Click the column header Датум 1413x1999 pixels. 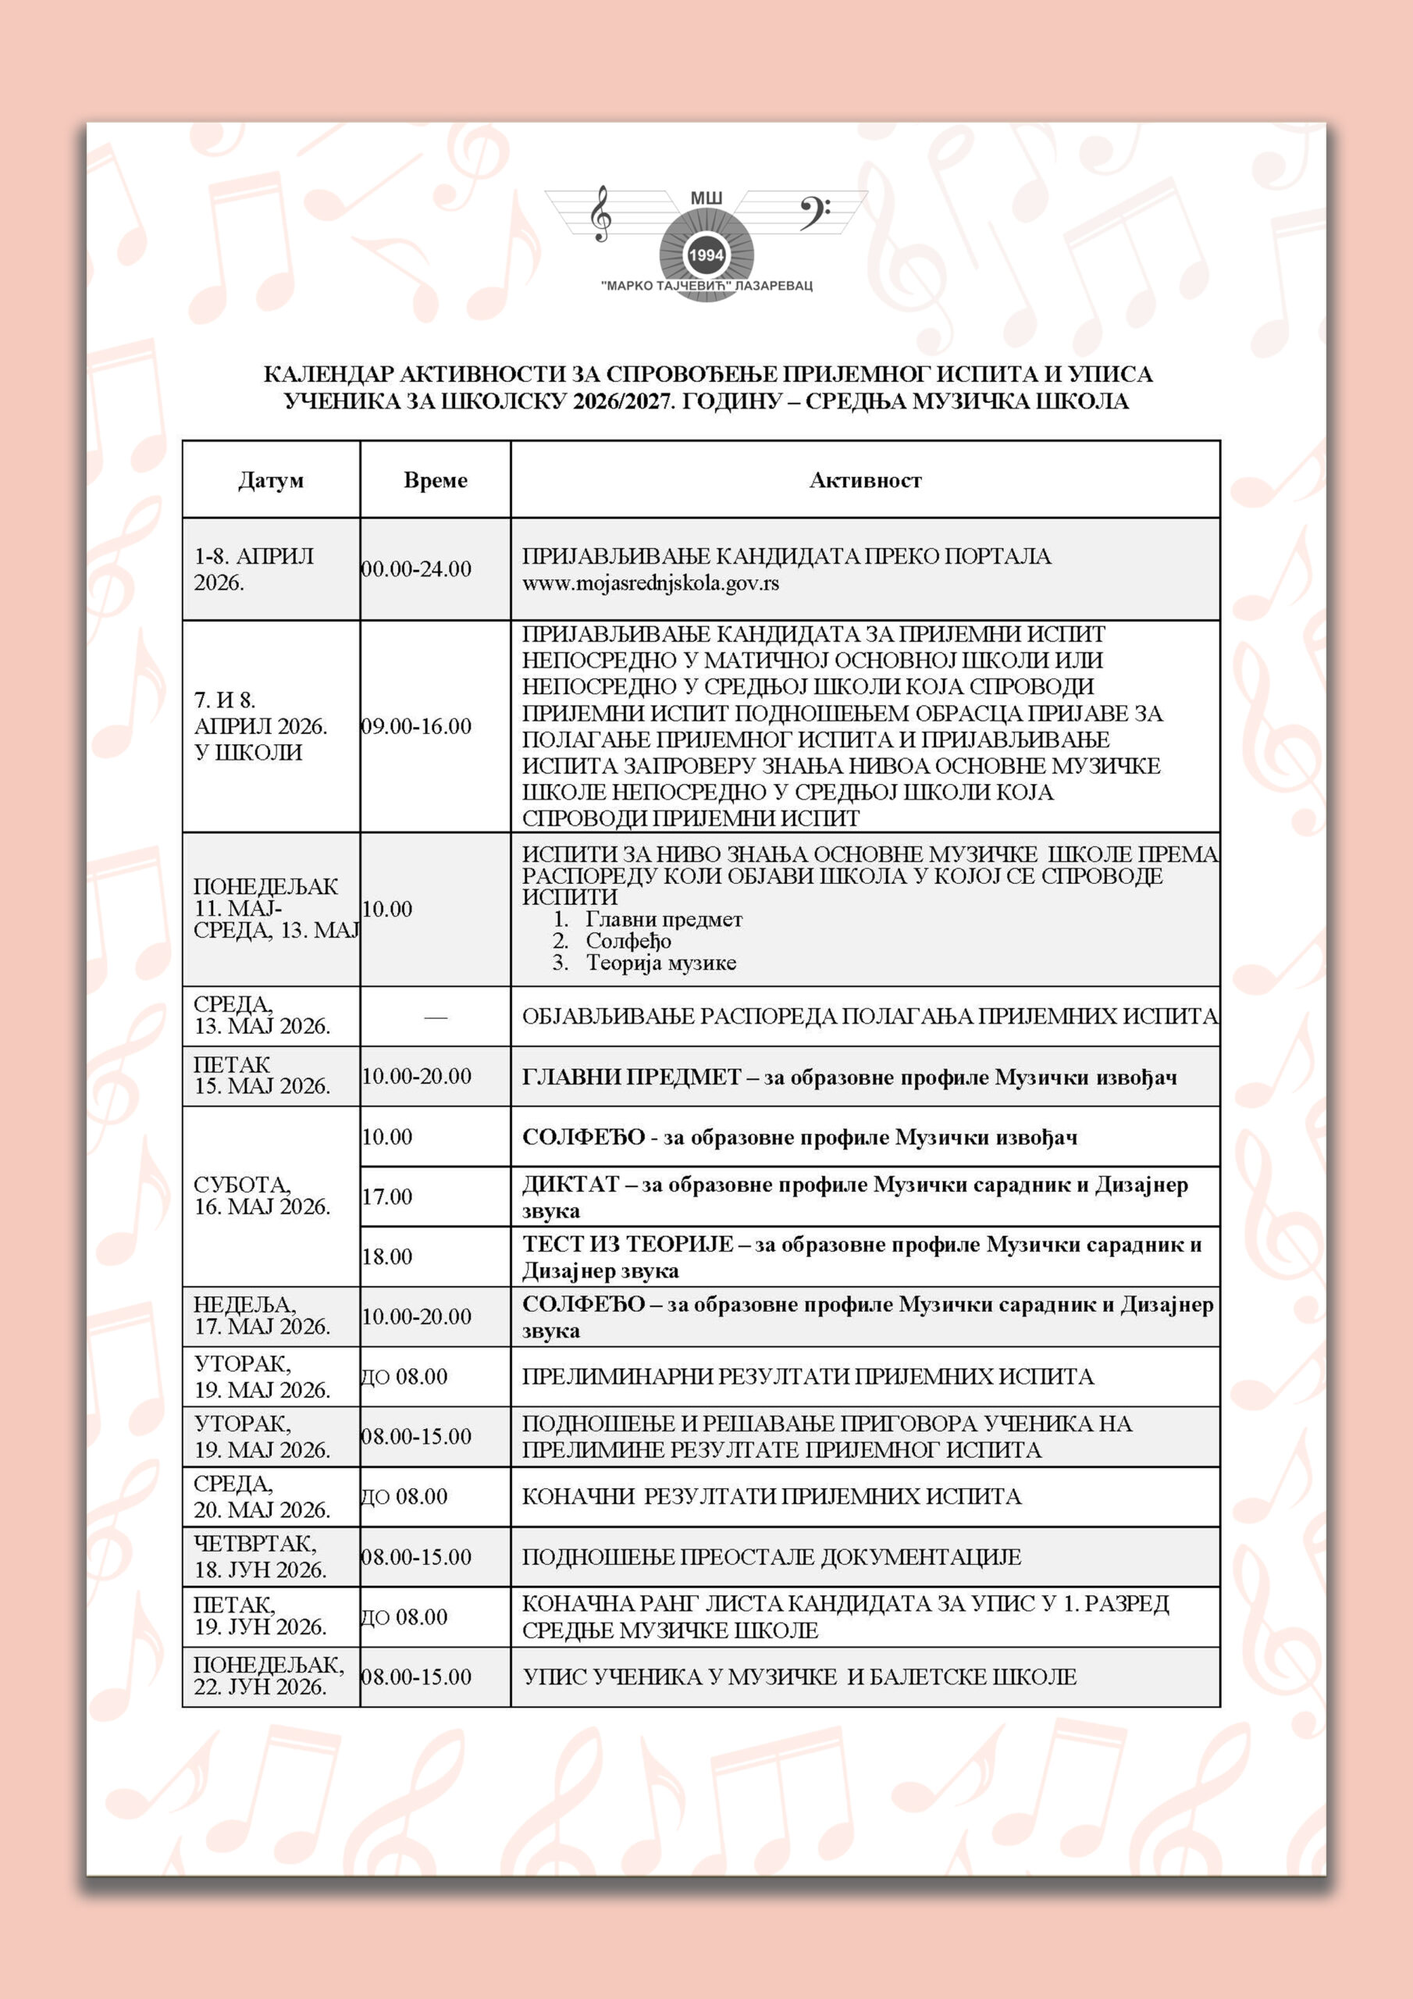tap(271, 480)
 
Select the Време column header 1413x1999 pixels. tap(436, 480)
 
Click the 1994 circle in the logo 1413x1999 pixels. tap(705, 255)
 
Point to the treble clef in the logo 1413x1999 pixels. tap(600, 212)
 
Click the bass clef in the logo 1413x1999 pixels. tap(813, 212)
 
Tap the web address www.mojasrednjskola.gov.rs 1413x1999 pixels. tap(650, 583)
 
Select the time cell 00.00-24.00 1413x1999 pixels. tap(416, 569)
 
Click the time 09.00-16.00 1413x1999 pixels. tap(416, 726)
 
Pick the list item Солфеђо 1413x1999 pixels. tap(628, 941)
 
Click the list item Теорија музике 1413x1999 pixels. tap(660, 963)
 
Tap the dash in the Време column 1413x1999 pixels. tap(436, 1017)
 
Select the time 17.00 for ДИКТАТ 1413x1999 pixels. tap(387, 1197)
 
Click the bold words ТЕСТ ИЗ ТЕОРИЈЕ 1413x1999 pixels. tap(628, 1245)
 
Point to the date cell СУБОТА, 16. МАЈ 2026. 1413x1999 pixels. tap(262, 1196)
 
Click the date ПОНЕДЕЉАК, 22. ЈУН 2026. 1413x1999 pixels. tap(268, 1676)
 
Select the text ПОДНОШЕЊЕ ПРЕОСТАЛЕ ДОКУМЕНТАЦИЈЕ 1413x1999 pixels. tap(771, 1557)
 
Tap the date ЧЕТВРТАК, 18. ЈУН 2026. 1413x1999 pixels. tap(259, 1557)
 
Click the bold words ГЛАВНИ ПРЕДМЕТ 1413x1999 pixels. tap(632, 1078)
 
